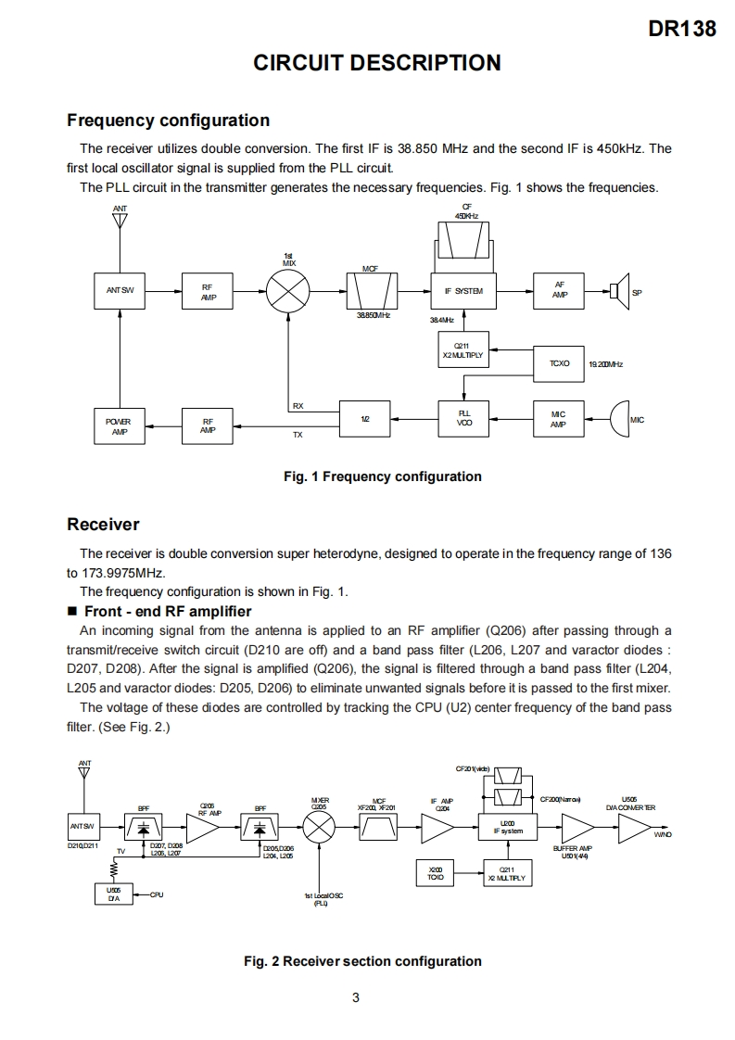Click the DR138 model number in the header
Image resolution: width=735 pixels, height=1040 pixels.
click(x=682, y=29)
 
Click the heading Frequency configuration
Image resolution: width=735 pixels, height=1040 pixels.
click(x=168, y=120)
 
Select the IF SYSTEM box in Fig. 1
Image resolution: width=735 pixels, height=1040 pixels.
click(x=464, y=291)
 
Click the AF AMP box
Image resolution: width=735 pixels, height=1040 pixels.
click(x=559, y=291)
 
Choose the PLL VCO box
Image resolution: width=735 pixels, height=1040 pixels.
click(x=464, y=419)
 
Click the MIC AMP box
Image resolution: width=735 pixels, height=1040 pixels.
click(x=558, y=419)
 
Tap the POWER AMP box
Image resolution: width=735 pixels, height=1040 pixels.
click(x=120, y=425)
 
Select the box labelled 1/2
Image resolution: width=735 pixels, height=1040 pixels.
click(x=366, y=419)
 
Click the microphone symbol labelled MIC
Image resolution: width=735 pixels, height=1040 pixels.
click(x=618, y=419)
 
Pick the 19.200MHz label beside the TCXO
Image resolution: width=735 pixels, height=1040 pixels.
click(x=605, y=364)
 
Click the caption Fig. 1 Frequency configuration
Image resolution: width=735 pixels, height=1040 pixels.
click(x=382, y=476)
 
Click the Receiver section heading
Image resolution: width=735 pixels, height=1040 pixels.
click(x=103, y=525)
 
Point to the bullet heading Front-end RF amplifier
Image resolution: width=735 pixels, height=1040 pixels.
click(x=167, y=611)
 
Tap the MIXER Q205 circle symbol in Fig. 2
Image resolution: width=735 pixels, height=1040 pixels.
click(x=320, y=827)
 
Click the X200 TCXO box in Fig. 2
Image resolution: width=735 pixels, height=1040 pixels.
click(x=435, y=872)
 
